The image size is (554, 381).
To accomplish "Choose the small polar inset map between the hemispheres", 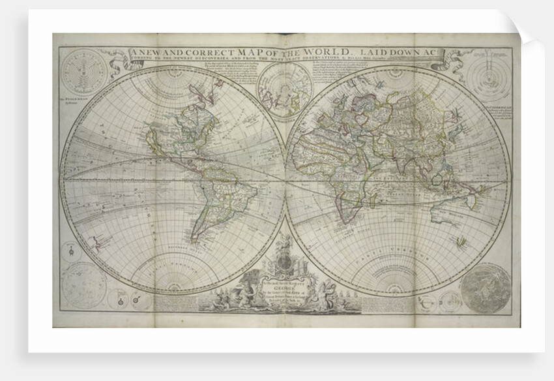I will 285,91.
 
